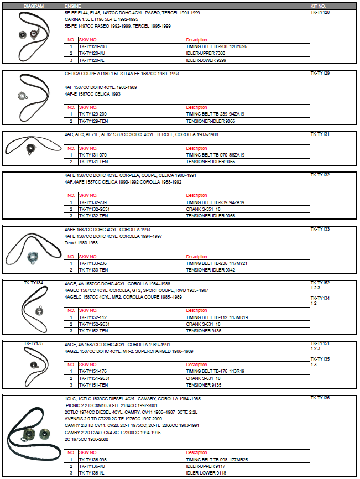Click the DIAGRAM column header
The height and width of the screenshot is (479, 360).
coord(33,6)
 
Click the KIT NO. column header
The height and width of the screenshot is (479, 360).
coord(319,6)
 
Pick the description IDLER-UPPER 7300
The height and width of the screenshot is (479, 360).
coord(205,53)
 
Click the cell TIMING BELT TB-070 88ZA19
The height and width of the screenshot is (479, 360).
coord(215,155)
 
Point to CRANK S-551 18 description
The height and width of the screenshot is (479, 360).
coord(203,209)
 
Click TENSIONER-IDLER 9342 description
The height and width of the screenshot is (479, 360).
coord(211,270)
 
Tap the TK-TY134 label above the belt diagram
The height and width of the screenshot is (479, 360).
coord(33,283)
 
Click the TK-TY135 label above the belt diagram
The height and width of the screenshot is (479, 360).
coord(33,343)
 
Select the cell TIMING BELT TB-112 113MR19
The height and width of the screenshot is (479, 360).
coord(216,317)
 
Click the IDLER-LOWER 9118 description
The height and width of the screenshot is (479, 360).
coord(205,473)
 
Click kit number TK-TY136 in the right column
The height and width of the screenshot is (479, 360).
coord(320,398)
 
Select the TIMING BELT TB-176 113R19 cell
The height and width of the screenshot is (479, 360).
coord(215,371)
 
